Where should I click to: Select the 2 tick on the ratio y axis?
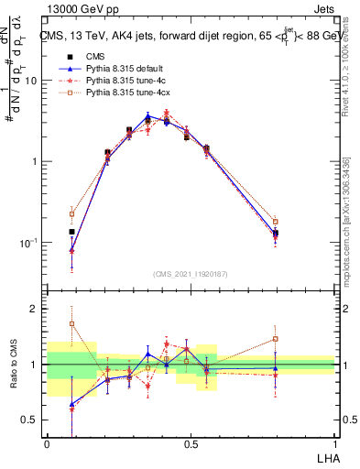click(36, 309)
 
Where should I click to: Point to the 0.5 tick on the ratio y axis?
click(33, 420)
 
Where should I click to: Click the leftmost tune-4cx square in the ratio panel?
click(72, 323)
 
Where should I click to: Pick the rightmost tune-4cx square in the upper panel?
click(300, 222)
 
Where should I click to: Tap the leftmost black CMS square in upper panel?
click(72, 232)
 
